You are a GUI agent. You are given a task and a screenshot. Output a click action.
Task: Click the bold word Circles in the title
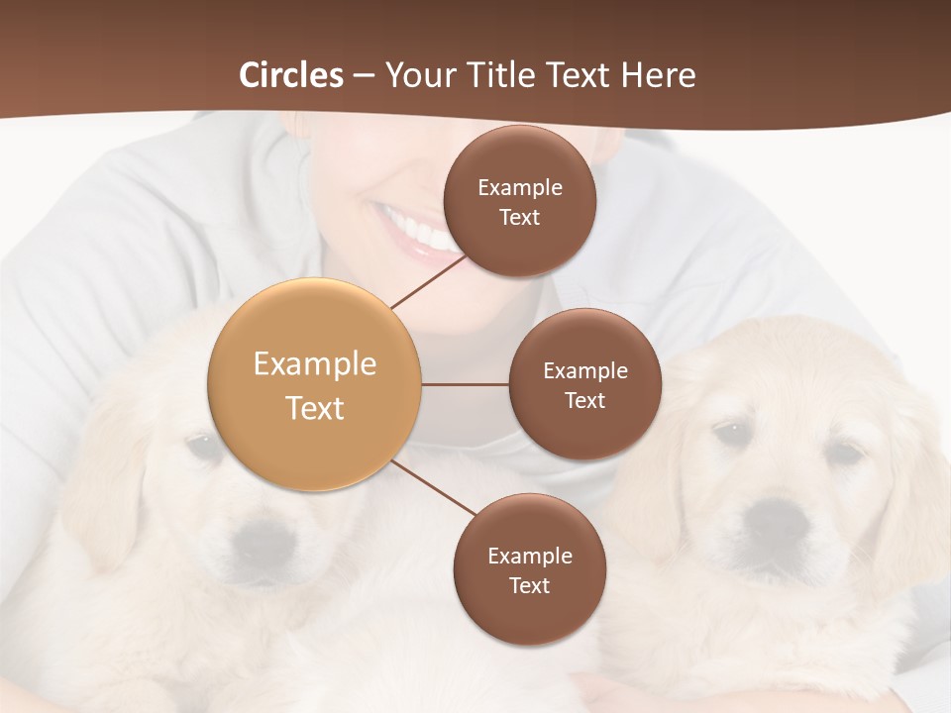(291, 75)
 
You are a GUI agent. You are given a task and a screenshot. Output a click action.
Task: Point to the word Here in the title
(658, 75)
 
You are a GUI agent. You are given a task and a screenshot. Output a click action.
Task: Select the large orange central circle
(315, 384)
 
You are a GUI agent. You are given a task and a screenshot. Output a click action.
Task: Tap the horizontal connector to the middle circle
(465, 384)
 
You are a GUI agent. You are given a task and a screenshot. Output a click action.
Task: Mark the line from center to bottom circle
(433, 487)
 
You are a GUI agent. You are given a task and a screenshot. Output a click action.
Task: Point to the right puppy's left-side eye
(730, 433)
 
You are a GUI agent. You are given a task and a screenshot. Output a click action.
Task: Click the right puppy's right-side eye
(843, 454)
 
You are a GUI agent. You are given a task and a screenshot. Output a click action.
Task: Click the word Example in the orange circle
(315, 363)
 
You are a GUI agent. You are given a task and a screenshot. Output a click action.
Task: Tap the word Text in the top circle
(519, 217)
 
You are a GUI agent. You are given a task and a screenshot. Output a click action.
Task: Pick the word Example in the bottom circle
(529, 556)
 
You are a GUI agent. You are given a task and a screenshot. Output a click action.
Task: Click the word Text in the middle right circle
(584, 400)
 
